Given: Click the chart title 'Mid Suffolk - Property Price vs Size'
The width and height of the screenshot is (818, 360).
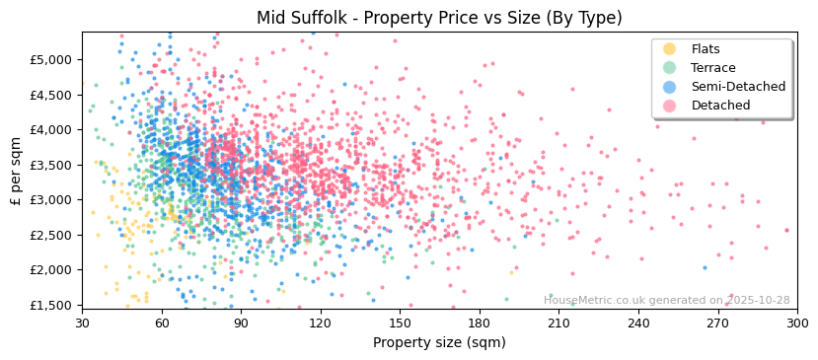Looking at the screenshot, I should pyautogui.click(x=439, y=18).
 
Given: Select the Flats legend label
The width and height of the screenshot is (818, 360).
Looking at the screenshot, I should pyautogui.click(x=705, y=49).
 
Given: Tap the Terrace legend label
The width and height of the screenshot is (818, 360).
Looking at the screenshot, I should pyautogui.click(x=712, y=68).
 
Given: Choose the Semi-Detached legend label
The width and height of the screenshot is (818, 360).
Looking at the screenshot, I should pyautogui.click(x=738, y=87).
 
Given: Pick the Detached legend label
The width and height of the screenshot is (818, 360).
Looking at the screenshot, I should pyautogui.click(x=720, y=106).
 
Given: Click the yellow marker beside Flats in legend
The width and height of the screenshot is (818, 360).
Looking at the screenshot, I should pyautogui.click(x=670, y=49).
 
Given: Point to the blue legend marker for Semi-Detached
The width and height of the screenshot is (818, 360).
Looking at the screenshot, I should pyautogui.click(x=670, y=87).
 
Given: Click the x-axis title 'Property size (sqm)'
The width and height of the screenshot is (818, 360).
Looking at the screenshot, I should pyautogui.click(x=439, y=343).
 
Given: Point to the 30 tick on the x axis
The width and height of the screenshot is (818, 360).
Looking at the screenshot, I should pyautogui.click(x=82, y=322).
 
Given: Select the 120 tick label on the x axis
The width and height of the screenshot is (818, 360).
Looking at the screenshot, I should pyautogui.click(x=321, y=322).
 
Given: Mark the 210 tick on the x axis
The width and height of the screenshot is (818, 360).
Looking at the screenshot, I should pyautogui.click(x=558, y=322).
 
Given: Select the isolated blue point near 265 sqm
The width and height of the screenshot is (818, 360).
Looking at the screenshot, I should pyautogui.click(x=705, y=267).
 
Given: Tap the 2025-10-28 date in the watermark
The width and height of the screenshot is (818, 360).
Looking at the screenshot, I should pyautogui.click(x=758, y=300).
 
